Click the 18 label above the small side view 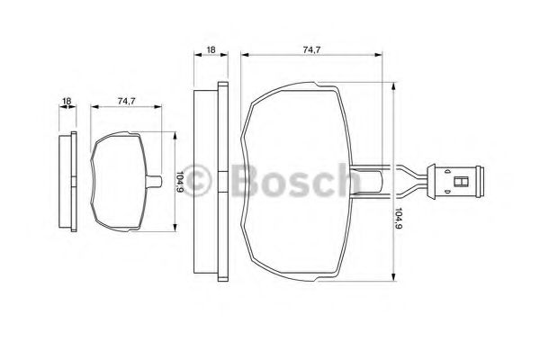tap(67, 102)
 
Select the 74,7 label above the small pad tap(126, 102)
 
